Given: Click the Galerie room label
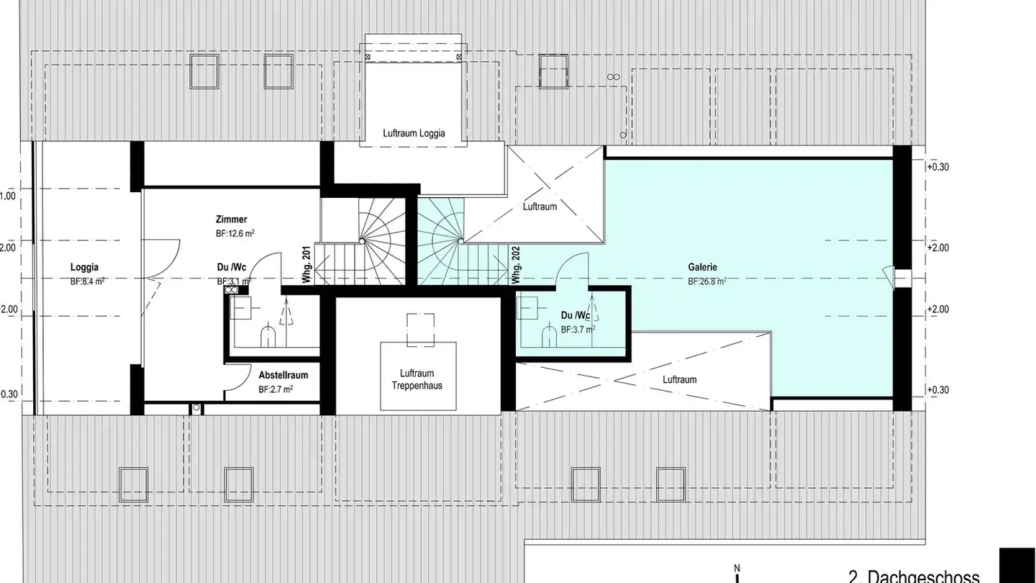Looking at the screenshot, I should pos(702,267).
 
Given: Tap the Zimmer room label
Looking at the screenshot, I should pos(231,220).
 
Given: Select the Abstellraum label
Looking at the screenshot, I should pos(283,375).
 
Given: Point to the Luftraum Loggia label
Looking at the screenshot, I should pos(414,133).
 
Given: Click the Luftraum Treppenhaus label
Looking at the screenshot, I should pos(417,379).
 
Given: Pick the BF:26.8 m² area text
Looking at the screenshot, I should pos(705,281).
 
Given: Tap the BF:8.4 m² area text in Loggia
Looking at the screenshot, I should pos(87,281).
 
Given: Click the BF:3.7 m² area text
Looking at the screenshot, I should pos(578,329).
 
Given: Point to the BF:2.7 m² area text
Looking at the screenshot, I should pos(276,389).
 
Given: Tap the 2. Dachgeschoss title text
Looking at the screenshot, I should pos(914,576).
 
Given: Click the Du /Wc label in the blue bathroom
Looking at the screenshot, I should pos(576,315).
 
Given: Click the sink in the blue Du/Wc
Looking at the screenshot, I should pos(527,308).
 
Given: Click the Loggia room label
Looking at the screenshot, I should pos(84,266).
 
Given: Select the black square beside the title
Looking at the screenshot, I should pos(1017,566).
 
